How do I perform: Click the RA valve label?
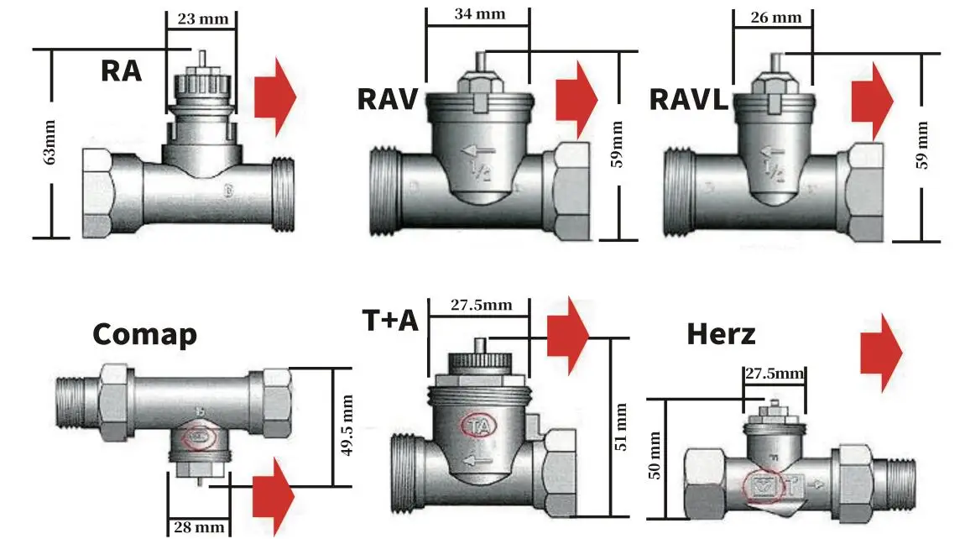pos(121,70)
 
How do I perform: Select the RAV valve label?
pos(387,99)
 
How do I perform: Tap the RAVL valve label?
pos(688,99)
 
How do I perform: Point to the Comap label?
pos(144,334)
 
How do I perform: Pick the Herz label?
pos(721,334)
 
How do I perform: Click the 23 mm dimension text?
pos(201,18)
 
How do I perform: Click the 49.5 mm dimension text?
pos(347,426)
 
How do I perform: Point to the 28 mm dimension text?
pos(199,527)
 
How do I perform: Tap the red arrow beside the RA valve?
pos(276,96)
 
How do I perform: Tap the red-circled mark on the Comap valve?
pos(199,437)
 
